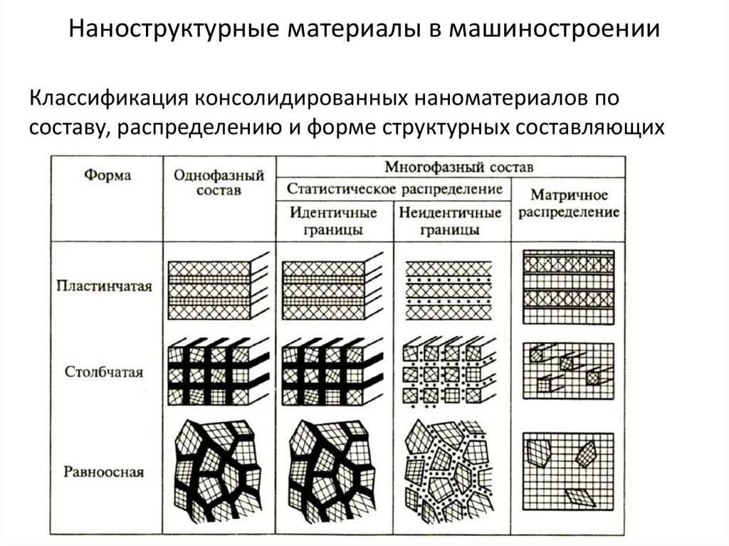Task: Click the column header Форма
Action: [107, 176]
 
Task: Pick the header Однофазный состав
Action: [218, 182]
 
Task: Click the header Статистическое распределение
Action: [394, 189]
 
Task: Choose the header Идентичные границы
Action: [333, 221]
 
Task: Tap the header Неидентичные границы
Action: [450, 221]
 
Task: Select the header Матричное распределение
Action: [568, 203]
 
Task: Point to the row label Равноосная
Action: [104, 471]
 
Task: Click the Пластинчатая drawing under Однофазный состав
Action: [217, 288]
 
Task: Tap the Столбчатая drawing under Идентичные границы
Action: [332, 374]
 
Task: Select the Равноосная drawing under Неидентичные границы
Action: [449, 470]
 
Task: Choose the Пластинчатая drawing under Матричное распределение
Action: [567, 287]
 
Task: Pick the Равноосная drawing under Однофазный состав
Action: [217, 470]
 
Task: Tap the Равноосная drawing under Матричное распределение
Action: [567, 470]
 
